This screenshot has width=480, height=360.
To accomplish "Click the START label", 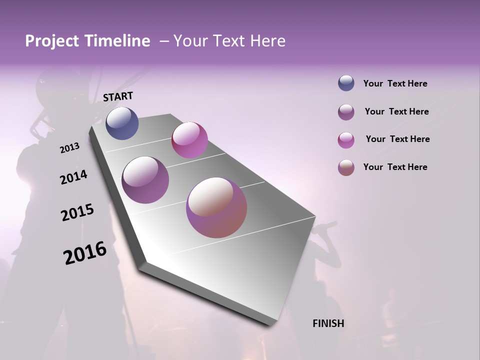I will (x=118, y=96).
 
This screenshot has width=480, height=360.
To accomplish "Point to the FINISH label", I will (x=328, y=323).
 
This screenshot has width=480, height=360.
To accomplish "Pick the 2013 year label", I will (x=70, y=148).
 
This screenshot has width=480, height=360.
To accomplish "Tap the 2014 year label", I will (x=73, y=177).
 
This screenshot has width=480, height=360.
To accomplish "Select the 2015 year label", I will (x=77, y=213).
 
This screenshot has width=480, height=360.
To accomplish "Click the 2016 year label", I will (x=85, y=253).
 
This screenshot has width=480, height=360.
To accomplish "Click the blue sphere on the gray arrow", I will (x=122, y=123).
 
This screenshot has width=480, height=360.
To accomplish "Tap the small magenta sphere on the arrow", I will (x=189, y=140).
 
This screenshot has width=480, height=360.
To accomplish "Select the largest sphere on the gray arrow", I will (x=216, y=207).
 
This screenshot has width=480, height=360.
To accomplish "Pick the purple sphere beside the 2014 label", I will (x=145, y=180).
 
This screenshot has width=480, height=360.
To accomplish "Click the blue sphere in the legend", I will (x=346, y=83).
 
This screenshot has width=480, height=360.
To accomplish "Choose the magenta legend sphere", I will (x=346, y=140).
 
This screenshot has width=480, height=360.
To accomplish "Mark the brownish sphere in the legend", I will (x=346, y=167).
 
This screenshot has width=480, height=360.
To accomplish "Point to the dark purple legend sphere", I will (x=346, y=112).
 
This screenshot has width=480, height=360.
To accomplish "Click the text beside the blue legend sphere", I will (x=395, y=83).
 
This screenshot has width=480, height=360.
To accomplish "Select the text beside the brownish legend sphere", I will (x=395, y=167).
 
